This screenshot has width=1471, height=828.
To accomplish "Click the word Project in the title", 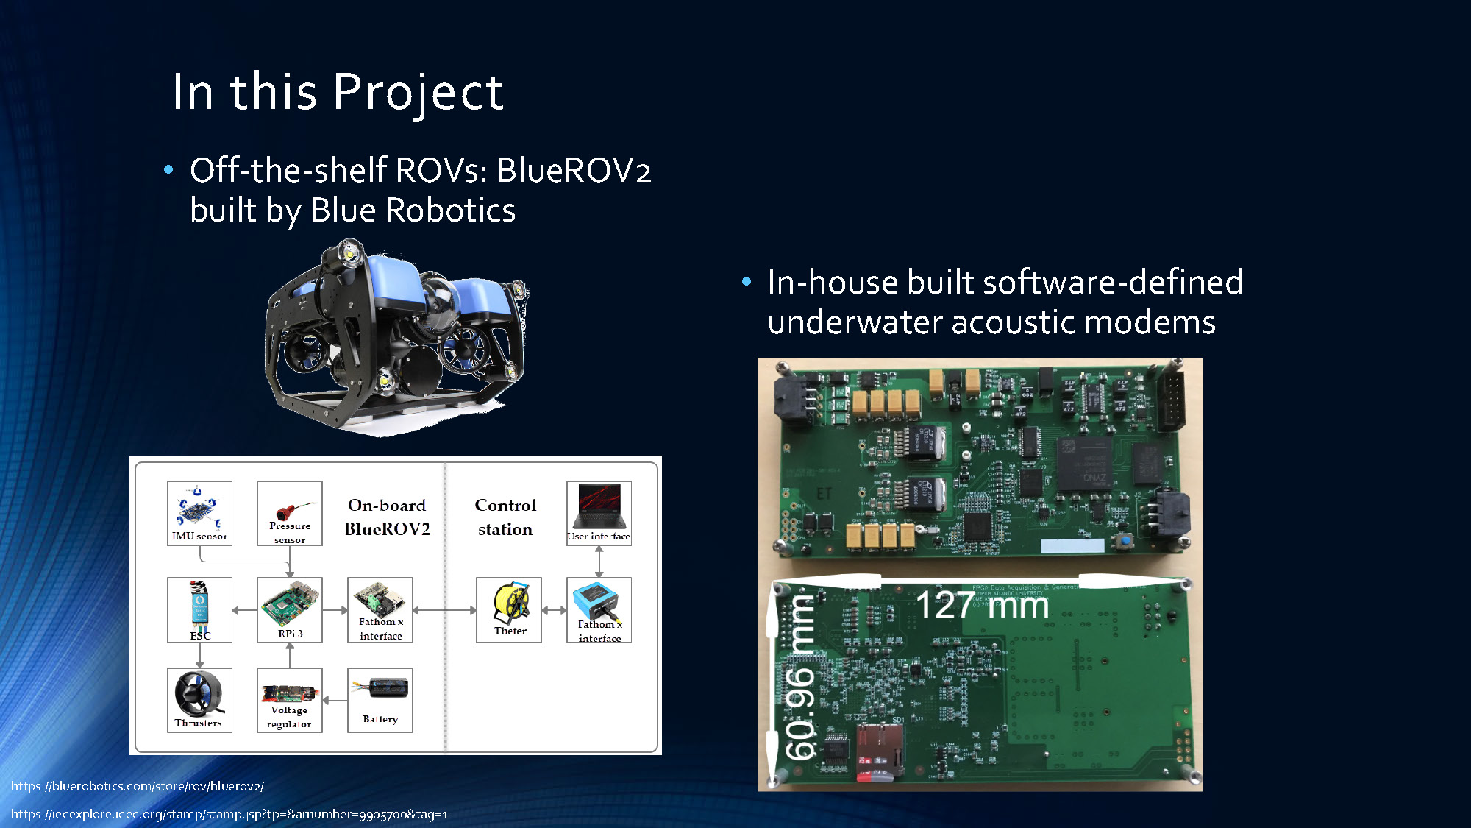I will click(418, 93).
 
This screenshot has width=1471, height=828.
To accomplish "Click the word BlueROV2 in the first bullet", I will click(574, 171).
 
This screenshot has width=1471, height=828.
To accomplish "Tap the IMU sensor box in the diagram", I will click(199, 513).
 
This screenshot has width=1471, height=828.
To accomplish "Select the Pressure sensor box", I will click(290, 513).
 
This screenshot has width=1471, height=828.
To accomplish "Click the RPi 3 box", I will click(290, 610).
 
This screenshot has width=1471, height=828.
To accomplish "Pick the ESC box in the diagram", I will click(199, 610).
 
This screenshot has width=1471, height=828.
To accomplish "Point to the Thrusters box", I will click(199, 700).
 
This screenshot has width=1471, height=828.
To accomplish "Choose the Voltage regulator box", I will click(290, 700).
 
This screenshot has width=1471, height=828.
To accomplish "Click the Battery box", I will click(380, 700).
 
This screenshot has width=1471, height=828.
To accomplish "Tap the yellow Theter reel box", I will click(509, 610).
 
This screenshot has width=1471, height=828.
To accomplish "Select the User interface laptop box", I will click(599, 513).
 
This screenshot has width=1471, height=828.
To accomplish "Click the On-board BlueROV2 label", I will click(387, 517).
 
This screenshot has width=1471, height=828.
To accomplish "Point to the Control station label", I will click(505, 517).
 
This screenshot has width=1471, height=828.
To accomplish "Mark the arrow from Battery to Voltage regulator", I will click(335, 701).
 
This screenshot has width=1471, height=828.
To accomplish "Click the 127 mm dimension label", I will click(982, 606).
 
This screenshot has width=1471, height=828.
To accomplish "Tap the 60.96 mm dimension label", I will click(800, 678).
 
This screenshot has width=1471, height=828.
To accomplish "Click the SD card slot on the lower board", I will click(880, 749).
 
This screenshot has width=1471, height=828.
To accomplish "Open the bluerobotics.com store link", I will click(138, 786).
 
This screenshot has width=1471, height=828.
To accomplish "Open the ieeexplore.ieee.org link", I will click(229, 814).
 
